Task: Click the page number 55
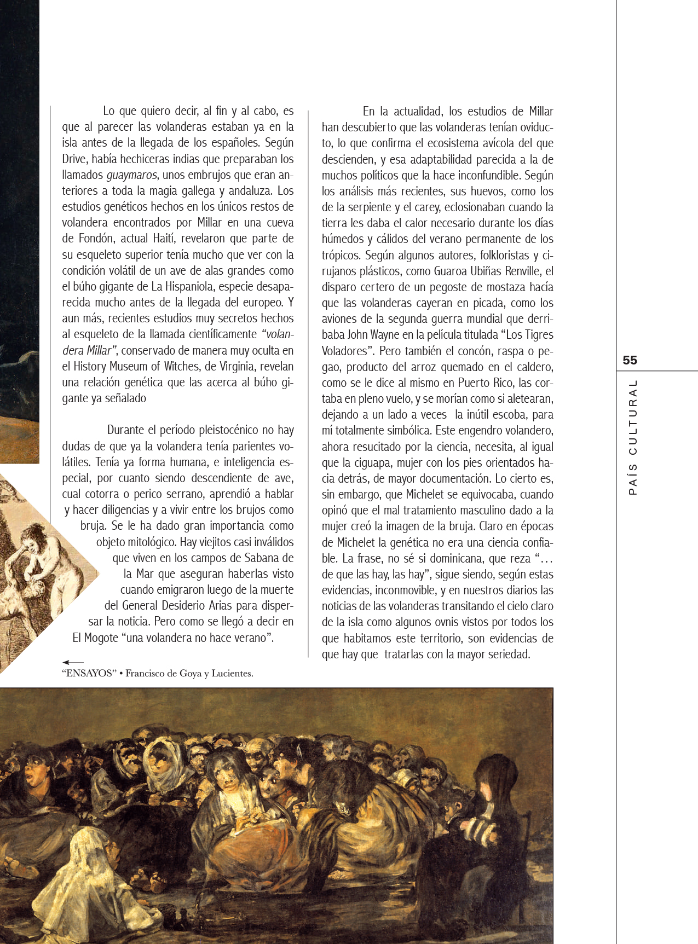tap(630, 360)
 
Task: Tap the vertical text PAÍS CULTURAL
tap(633, 437)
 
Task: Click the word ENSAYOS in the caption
tap(89, 674)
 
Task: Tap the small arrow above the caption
tap(72, 663)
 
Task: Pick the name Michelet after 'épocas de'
tap(350, 542)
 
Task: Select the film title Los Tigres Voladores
tap(438, 343)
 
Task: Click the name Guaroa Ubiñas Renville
tap(486, 271)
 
